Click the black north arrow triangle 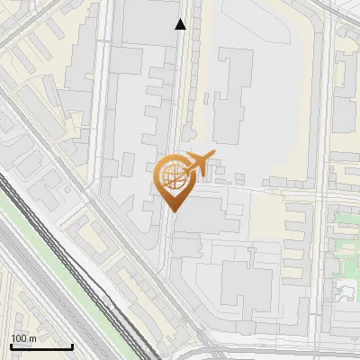tap(181, 24)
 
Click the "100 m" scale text tap(23, 338)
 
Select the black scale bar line tap(41, 346)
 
